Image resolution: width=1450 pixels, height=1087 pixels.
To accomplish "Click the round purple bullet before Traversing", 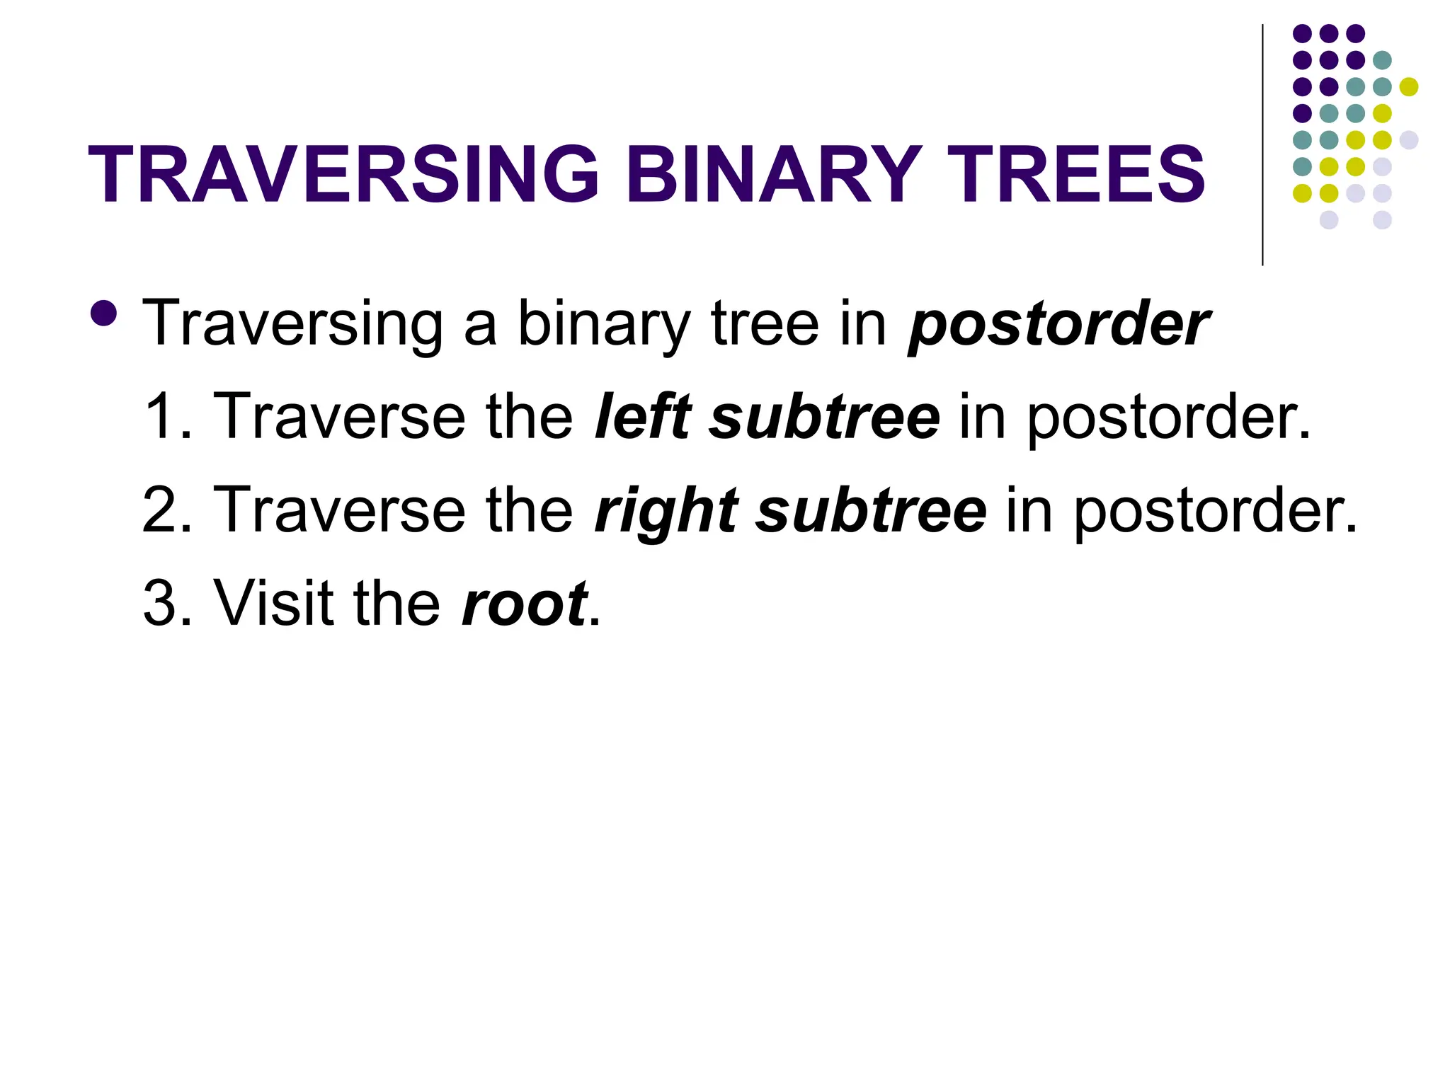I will click(x=104, y=313).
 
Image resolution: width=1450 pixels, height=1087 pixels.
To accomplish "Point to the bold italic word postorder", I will click(x=1058, y=324).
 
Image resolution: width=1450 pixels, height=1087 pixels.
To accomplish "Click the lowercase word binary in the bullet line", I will click(x=603, y=324).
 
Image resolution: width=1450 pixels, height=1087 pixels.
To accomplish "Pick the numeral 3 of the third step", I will click(x=159, y=603).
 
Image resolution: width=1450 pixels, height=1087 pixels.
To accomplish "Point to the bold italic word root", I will click(x=524, y=603).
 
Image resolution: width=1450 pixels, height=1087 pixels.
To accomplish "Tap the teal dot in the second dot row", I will click(x=1382, y=60).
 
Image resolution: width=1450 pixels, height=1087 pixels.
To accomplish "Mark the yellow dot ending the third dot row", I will click(x=1409, y=86).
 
